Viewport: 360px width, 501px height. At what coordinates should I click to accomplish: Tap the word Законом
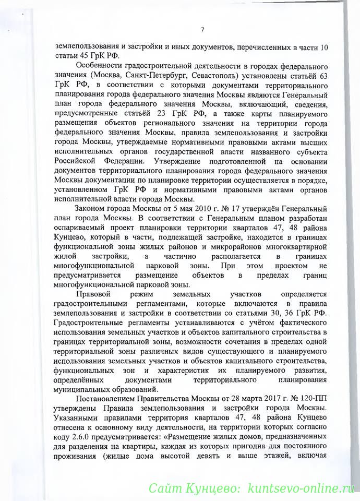(x=91, y=208)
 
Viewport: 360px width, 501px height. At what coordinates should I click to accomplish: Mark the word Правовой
(x=94, y=294)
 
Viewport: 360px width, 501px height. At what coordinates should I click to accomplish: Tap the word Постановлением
(x=111, y=399)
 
